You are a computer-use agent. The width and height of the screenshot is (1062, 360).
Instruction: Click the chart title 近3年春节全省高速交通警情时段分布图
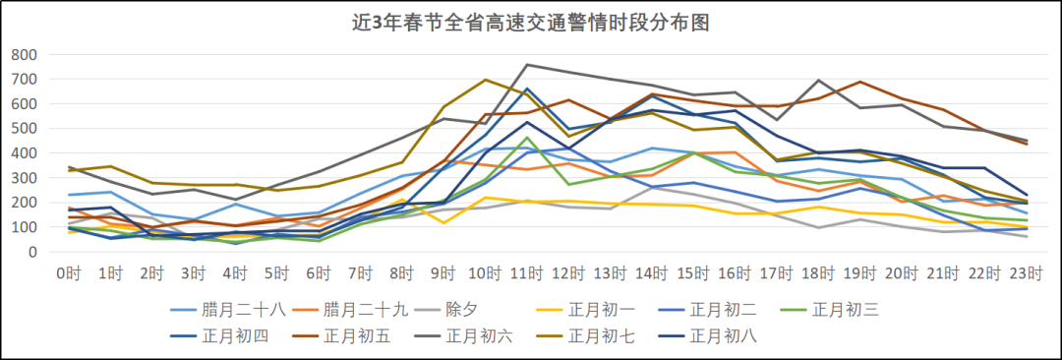pos(531,21)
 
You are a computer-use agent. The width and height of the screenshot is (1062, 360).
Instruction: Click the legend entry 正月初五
pos(356,335)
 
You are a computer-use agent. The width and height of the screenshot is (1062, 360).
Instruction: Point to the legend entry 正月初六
pos(479,335)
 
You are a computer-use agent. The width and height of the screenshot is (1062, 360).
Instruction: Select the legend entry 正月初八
pos(723,335)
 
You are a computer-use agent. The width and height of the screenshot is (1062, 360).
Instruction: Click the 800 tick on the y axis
pos(25,54)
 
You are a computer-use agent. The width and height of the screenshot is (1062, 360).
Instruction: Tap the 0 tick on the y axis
pos(32,252)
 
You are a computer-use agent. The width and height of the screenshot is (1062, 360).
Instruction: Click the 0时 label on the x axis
pos(69,271)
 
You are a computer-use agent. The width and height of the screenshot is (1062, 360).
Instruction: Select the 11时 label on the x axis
pos(526,271)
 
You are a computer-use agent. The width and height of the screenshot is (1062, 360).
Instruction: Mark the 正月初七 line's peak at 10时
pos(485,80)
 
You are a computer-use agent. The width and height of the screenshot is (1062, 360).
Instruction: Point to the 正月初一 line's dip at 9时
pos(443,223)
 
